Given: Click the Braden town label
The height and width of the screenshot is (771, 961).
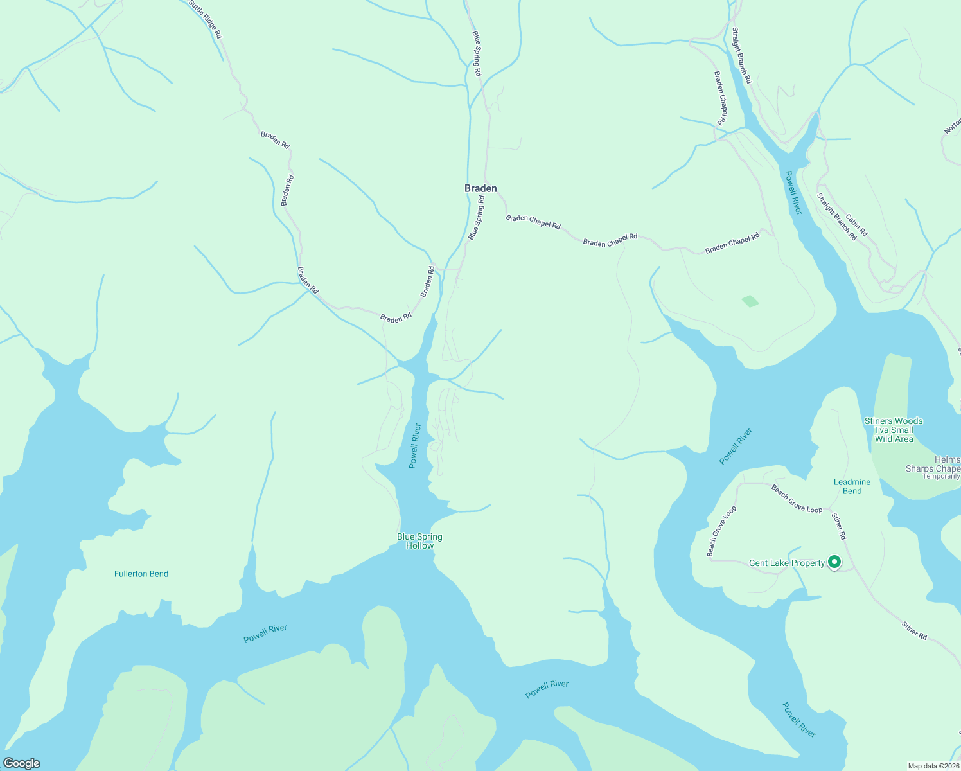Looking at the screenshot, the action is [480, 188].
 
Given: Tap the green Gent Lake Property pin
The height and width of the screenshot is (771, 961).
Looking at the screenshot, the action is [834, 562].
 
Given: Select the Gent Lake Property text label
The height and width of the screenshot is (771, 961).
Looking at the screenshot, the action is [787, 563].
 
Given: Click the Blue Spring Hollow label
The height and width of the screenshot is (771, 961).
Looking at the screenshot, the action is [419, 541].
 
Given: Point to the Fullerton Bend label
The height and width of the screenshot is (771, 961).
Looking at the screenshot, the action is [141, 574].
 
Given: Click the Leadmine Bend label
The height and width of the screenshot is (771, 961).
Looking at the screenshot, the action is [852, 486].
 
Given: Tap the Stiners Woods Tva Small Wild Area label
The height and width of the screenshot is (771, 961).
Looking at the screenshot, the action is [894, 430].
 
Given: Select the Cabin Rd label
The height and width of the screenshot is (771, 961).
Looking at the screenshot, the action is [856, 225].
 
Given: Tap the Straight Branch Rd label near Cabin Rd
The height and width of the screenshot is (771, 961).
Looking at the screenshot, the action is [836, 217].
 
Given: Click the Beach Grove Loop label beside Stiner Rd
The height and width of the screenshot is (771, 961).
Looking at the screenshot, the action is [797, 499].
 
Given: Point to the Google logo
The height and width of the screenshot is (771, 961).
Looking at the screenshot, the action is [21, 763].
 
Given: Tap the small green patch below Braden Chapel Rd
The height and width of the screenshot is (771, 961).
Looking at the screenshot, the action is [750, 301].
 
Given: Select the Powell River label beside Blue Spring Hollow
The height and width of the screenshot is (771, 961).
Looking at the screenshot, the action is [415, 445].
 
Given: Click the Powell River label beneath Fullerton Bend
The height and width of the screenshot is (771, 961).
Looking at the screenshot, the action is [265, 634].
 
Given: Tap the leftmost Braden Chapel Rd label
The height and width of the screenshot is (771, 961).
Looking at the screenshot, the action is [533, 222].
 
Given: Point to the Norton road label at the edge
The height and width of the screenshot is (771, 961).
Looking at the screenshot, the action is [953, 126].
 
